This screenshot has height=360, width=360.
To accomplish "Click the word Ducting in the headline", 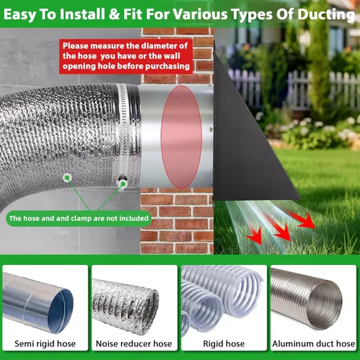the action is [x=326, y=15].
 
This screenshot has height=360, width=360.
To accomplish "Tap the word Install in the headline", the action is [x=82, y=14].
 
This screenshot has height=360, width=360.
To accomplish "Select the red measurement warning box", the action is [x=126, y=56].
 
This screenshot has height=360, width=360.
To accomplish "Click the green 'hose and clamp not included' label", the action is [x=78, y=218].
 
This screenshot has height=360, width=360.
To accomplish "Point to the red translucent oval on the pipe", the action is [x=181, y=137].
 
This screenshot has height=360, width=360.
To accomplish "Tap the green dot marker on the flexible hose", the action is [x=68, y=178].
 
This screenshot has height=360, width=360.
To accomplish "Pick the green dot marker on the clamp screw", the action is [x=123, y=184].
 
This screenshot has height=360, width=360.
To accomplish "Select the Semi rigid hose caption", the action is [x=45, y=343].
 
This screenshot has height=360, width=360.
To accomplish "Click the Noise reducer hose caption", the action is [x=134, y=343].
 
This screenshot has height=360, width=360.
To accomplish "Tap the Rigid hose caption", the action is [x=224, y=343].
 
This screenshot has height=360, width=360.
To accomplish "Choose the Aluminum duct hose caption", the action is [x=313, y=343].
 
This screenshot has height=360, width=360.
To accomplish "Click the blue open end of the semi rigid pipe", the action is [x=61, y=311].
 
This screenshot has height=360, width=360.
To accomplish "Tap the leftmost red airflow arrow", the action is [x=254, y=232].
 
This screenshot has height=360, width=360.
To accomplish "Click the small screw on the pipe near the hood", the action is [x=211, y=130].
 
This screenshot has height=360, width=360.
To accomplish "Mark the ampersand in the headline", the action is [x=114, y=14].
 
